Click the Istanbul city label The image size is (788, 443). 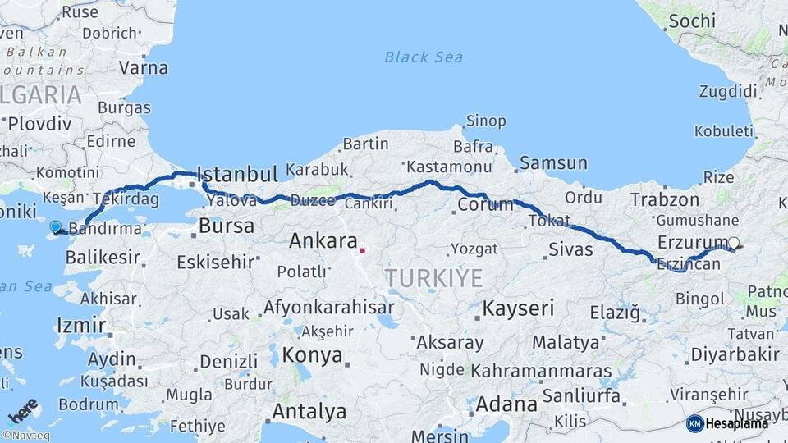point(237,175)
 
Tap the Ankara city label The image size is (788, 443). point(323,241)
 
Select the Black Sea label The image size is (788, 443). point(424,57)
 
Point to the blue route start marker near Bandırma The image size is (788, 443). point(55,227)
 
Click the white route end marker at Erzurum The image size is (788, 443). point(734,243)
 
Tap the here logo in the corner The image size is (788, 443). point(23,409)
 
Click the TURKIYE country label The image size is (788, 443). point(434,278)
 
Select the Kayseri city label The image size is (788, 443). point(518,309)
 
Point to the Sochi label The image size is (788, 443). point(692,21)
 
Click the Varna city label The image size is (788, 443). point(144,67)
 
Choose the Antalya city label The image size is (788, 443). point(309,411)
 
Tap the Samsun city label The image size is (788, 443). point(553,163)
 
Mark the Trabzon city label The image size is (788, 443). point(665,199)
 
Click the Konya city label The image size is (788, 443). point(313,355)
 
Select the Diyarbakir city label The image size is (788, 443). point(734,354)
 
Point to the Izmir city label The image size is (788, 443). point(80,325)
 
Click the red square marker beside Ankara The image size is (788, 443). point(362,249)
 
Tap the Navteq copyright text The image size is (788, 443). point(27,436)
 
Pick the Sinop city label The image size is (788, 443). point(486,121)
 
